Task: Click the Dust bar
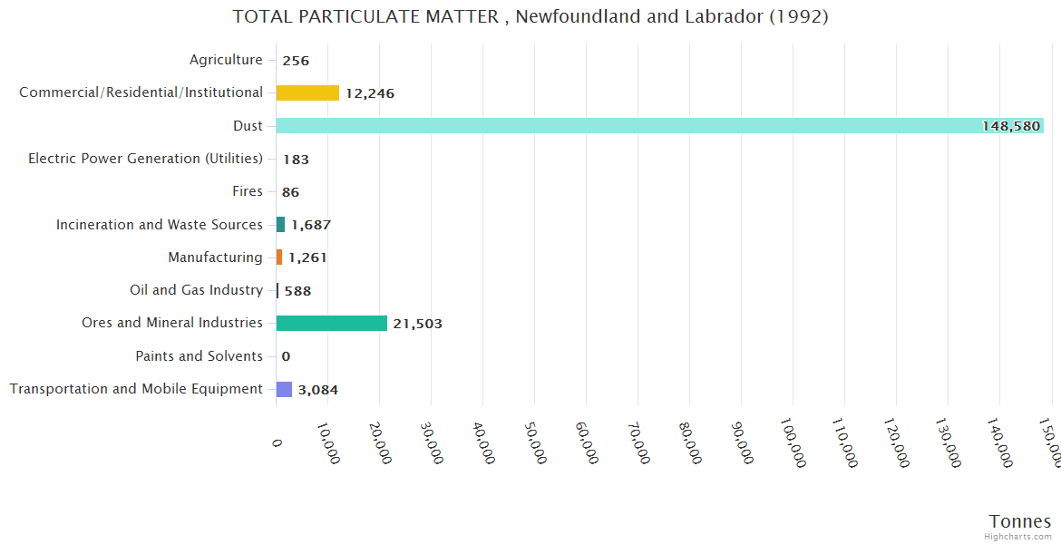[x=659, y=126]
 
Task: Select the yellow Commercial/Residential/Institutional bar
[x=307, y=92]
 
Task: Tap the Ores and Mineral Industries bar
[x=332, y=323]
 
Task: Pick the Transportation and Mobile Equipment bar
[x=284, y=389]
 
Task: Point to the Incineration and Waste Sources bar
[x=280, y=224]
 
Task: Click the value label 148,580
[x=1010, y=126]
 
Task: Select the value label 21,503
[x=417, y=324]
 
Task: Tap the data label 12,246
[x=369, y=93]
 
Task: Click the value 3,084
[x=317, y=390]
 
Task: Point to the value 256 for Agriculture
[x=296, y=61]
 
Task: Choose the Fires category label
[x=248, y=191]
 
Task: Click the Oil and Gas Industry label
[x=196, y=290]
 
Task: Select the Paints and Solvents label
[x=199, y=356]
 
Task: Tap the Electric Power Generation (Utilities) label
[x=145, y=159]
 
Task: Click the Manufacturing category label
[x=215, y=257]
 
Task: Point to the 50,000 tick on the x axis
[x=535, y=443]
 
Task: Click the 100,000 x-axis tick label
[x=793, y=444]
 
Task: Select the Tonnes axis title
[x=1019, y=521]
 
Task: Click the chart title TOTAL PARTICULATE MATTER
[x=530, y=16]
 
